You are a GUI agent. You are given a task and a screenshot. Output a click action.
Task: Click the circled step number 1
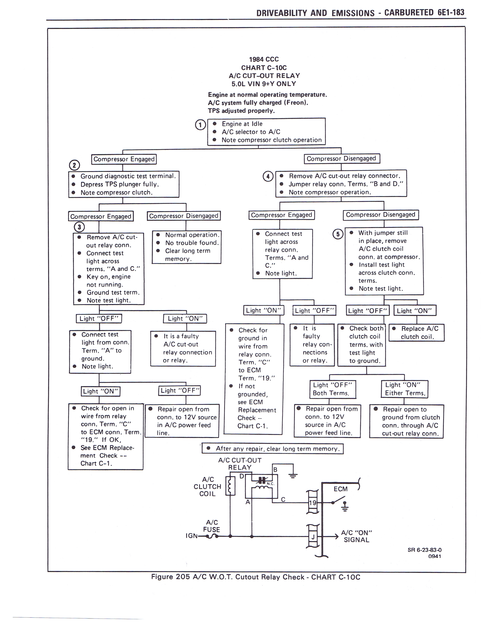(200, 125)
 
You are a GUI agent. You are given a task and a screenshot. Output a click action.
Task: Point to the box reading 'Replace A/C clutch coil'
(416, 333)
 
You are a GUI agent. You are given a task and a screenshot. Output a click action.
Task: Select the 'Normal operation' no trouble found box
(187, 247)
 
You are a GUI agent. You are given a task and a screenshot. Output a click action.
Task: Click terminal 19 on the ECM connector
(313, 503)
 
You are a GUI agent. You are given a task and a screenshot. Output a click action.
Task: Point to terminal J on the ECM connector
(313, 537)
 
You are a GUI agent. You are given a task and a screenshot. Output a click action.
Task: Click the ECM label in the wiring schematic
(340, 489)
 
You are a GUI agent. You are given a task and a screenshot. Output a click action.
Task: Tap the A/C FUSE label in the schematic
(211, 526)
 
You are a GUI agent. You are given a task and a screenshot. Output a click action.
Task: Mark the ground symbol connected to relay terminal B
(293, 476)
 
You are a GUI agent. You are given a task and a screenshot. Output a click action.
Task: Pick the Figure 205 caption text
(255, 577)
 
